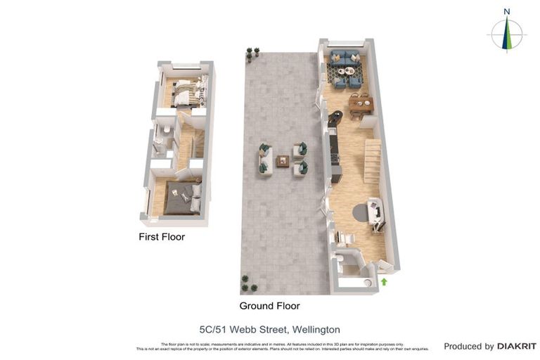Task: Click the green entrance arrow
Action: (x=384, y=281)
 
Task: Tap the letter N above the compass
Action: (x=506, y=11)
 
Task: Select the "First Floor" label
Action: (x=162, y=237)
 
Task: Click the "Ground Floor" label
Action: (x=269, y=306)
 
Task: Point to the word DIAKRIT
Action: (x=517, y=346)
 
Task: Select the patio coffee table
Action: (x=283, y=161)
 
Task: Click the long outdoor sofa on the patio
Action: (x=264, y=159)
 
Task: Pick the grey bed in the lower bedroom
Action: (x=180, y=198)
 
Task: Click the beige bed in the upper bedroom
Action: (x=186, y=92)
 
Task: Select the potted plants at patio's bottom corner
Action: (x=248, y=283)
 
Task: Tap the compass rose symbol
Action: (x=506, y=34)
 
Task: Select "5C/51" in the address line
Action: (x=214, y=329)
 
